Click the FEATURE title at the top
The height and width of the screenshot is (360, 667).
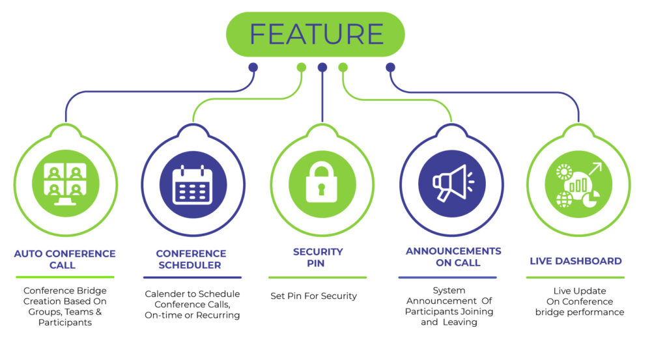click(x=316, y=34)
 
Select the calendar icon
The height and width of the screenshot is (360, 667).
click(x=193, y=184)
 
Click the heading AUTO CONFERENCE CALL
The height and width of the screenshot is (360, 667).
click(x=64, y=259)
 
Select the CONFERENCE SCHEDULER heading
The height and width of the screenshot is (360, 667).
click(x=192, y=259)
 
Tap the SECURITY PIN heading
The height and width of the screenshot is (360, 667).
click(x=318, y=258)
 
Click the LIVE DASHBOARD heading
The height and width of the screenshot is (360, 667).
click(x=576, y=261)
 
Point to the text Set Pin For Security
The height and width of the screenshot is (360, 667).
click(x=314, y=296)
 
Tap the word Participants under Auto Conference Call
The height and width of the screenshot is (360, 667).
click(x=65, y=322)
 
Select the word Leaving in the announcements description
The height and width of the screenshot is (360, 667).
click(x=460, y=322)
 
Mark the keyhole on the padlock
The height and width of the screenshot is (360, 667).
click(x=321, y=188)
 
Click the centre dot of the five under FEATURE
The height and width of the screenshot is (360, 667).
click(x=322, y=67)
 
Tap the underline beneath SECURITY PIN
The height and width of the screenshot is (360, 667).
click(x=318, y=277)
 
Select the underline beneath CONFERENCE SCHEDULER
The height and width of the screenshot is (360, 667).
click(x=192, y=277)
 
